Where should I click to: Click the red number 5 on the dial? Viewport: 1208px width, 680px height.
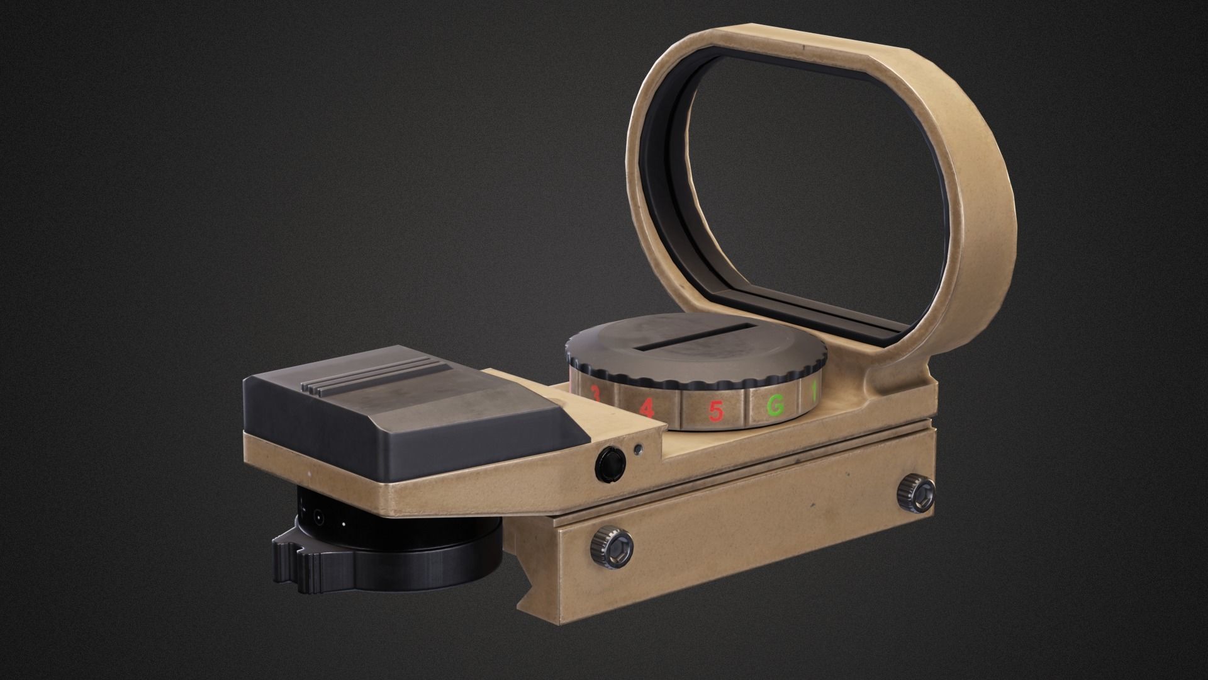(x=715, y=411)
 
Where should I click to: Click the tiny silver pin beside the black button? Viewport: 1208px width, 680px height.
(x=639, y=450)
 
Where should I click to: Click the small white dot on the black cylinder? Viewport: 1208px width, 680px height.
(x=344, y=523)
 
